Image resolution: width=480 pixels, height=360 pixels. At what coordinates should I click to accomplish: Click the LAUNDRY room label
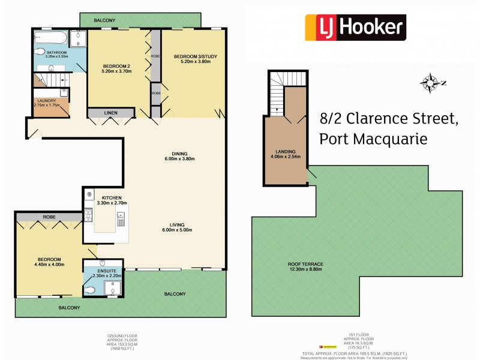click(46, 101)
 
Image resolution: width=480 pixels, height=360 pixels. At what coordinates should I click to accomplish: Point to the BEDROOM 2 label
click(117, 66)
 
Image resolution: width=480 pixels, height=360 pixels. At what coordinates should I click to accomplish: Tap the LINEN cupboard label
click(111, 113)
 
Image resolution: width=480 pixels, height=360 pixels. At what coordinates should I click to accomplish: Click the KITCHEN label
click(112, 198)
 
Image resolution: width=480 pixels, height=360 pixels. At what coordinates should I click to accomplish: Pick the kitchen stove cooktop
click(88, 215)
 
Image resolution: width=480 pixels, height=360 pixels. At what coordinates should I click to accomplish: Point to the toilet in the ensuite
click(90, 290)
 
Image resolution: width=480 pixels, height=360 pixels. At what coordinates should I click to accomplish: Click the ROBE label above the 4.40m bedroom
click(49, 217)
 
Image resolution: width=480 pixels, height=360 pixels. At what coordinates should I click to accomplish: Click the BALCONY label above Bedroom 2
click(104, 20)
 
